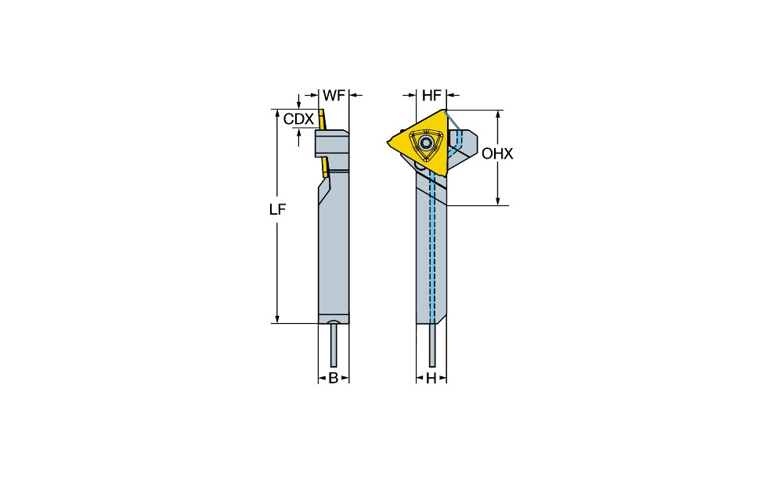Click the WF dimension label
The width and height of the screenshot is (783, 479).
click(334, 96)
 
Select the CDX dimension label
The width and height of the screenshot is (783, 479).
click(298, 119)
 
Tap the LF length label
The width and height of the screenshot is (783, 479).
click(278, 210)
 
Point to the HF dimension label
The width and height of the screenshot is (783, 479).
click(431, 96)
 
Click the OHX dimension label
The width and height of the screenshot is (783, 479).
click(497, 154)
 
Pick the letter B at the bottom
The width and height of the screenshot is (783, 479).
click(333, 378)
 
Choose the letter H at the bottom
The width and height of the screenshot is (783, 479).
click(431, 378)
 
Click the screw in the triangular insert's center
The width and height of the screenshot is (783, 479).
click(426, 144)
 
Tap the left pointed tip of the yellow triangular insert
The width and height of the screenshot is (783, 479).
click(388, 143)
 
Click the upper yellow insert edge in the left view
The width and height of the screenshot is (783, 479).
click(322, 120)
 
